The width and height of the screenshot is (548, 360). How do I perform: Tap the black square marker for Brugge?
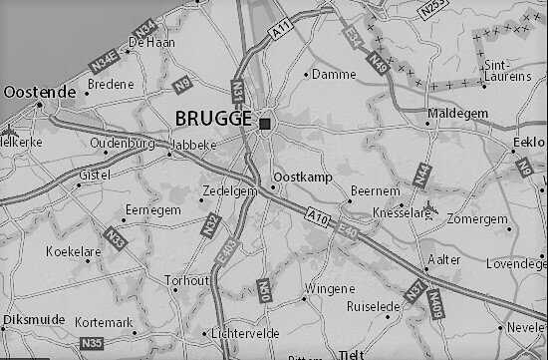point(264,123)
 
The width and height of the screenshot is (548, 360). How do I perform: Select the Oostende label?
point(40,92)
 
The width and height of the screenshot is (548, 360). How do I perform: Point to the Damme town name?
point(334,75)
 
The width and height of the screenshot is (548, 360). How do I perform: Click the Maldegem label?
point(457,114)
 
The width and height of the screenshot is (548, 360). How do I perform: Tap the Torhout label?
point(187,281)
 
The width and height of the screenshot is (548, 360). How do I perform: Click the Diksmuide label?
point(34,319)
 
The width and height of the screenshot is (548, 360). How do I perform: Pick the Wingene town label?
point(328,288)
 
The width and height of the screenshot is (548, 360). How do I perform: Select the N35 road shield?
point(92,344)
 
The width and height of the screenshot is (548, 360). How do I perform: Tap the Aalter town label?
point(444,257)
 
